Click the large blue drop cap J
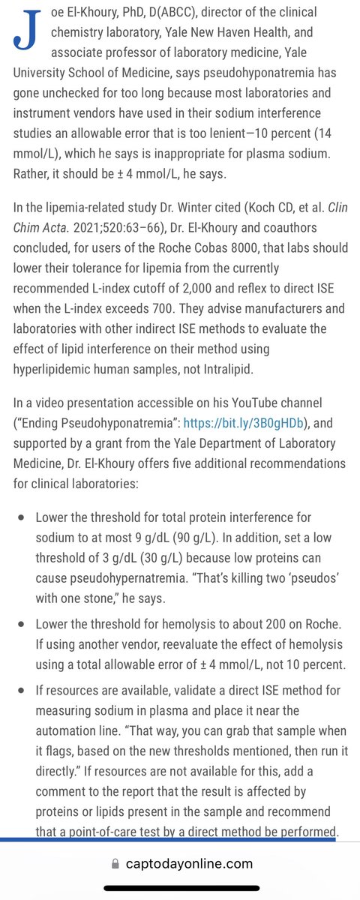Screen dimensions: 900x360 tap(24, 30)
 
